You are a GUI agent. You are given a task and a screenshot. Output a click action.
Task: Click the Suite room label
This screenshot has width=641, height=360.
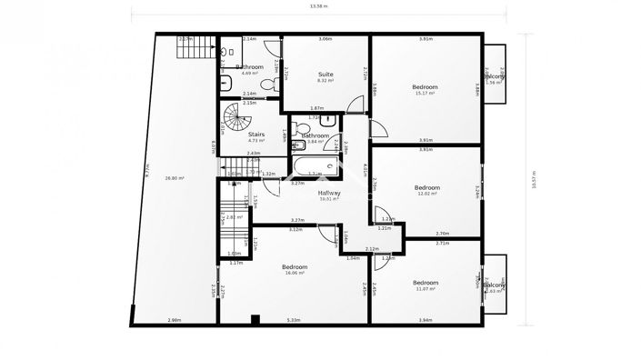[x=326, y=74]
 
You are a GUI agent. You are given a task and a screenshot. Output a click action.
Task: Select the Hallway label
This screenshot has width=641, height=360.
[x=328, y=193]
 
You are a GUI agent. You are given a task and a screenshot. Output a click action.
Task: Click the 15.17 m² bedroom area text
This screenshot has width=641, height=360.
[x=426, y=94]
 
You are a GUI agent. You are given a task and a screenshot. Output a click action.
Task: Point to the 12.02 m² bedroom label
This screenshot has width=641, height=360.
[x=426, y=193]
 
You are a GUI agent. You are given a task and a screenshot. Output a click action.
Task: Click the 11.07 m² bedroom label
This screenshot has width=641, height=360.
[x=424, y=288]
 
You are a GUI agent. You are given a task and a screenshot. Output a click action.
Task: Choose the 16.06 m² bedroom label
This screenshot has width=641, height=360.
[x=295, y=272]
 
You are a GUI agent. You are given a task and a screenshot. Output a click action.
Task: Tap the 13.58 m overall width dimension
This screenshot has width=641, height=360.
[x=319, y=6]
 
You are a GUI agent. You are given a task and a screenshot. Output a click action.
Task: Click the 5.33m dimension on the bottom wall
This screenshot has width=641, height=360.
[x=295, y=319]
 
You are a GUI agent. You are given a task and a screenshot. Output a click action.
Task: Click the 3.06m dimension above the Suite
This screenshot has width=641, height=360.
[x=325, y=39]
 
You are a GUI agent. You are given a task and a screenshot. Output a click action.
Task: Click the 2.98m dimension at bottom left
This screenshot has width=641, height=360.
[x=174, y=319]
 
